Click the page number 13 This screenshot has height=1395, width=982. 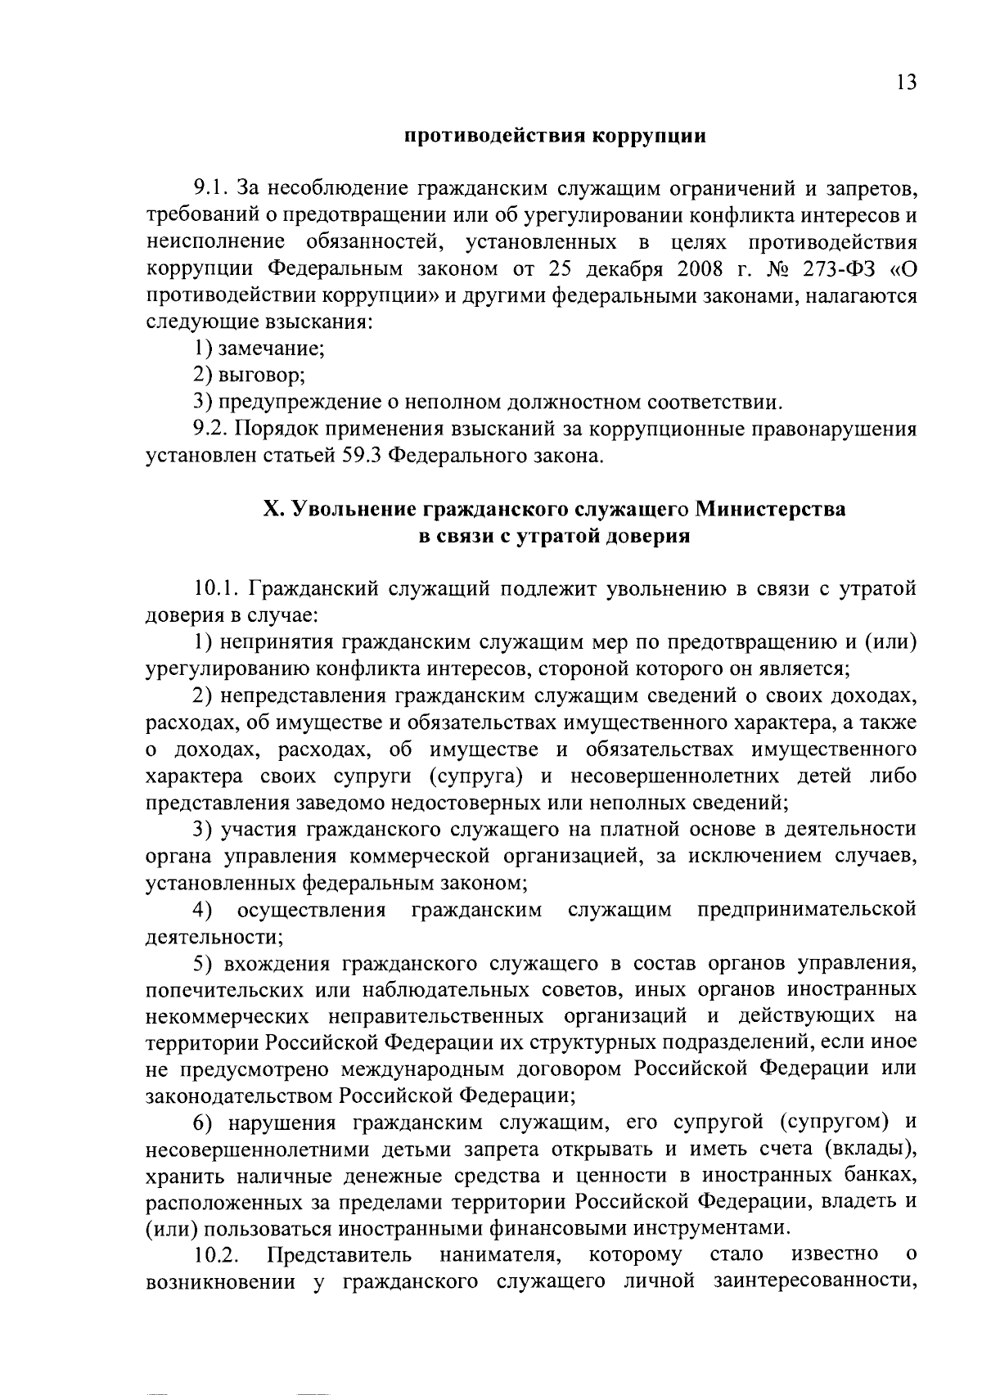coord(906,83)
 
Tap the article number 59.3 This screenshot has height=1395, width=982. coord(358,456)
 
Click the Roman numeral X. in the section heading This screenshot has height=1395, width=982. coord(273,509)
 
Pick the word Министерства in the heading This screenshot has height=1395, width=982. coord(770,509)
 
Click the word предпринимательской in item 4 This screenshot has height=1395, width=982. coord(806,910)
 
